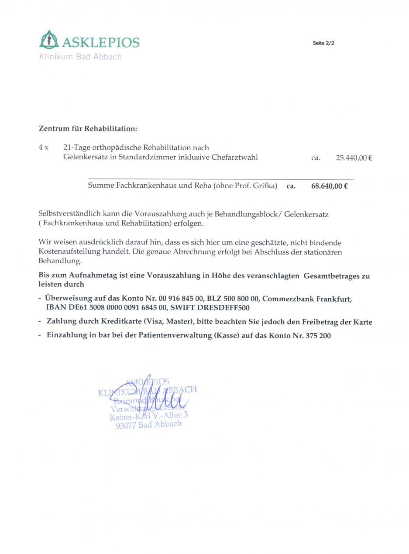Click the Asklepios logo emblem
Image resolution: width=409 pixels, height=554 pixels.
[49, 39]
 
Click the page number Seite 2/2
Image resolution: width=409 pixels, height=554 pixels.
[323, 43]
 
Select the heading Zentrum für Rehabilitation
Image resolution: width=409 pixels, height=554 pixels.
[88, 129]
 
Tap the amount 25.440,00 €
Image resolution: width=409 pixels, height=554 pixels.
[354, 158]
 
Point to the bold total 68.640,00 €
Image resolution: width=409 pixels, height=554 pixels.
[329, 186]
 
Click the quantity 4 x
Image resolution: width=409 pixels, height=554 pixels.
[43, 148]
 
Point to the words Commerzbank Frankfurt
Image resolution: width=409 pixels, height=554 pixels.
[306, 299]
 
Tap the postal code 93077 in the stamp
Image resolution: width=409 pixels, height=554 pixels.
[126, 426]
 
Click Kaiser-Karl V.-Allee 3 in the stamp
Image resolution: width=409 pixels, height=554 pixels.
[149, 416]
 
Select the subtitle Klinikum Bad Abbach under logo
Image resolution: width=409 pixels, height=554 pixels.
[80, 57]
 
